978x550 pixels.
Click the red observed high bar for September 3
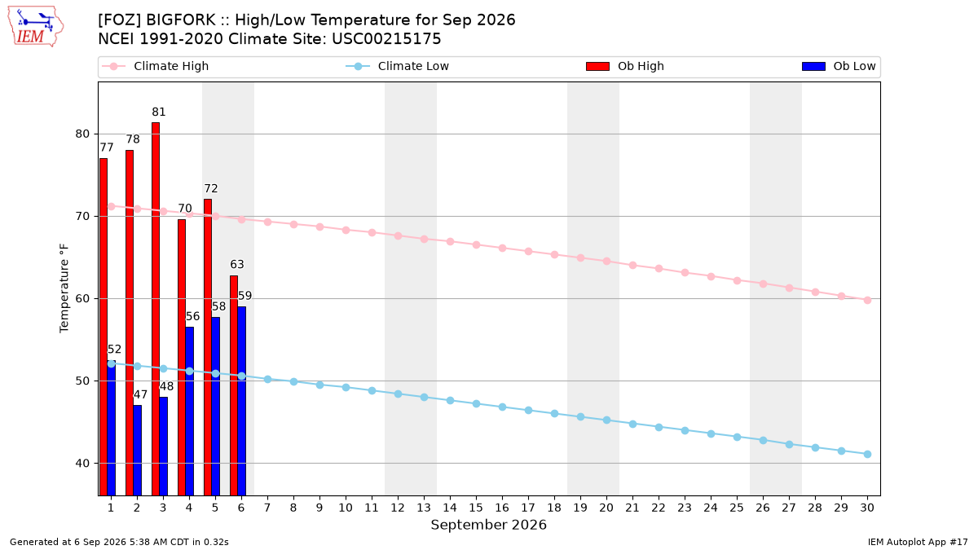coord(156,309)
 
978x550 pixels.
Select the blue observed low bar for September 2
coord(138,451)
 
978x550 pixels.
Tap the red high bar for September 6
coord(234,385)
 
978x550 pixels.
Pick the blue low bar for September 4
coord(189,411)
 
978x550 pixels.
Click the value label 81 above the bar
coord(159,112)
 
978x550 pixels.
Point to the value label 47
coord(140,394)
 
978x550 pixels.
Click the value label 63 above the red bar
coord(237,265)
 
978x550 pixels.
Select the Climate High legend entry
coord(156,66)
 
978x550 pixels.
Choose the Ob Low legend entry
coord(839,66)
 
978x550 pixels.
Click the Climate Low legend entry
coord(398,66)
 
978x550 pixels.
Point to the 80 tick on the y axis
coord(82,134)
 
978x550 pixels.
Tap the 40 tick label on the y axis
coord(82,463)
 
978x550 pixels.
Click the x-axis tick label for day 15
coord(476,508)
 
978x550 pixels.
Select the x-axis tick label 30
coord(867,508)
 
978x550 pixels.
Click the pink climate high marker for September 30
coord(867,301)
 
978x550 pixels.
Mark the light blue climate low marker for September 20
coord(606,420)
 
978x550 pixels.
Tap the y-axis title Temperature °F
coord(64,288)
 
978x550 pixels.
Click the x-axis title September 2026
coord(488,525)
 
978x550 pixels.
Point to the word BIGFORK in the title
coord(180,20)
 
